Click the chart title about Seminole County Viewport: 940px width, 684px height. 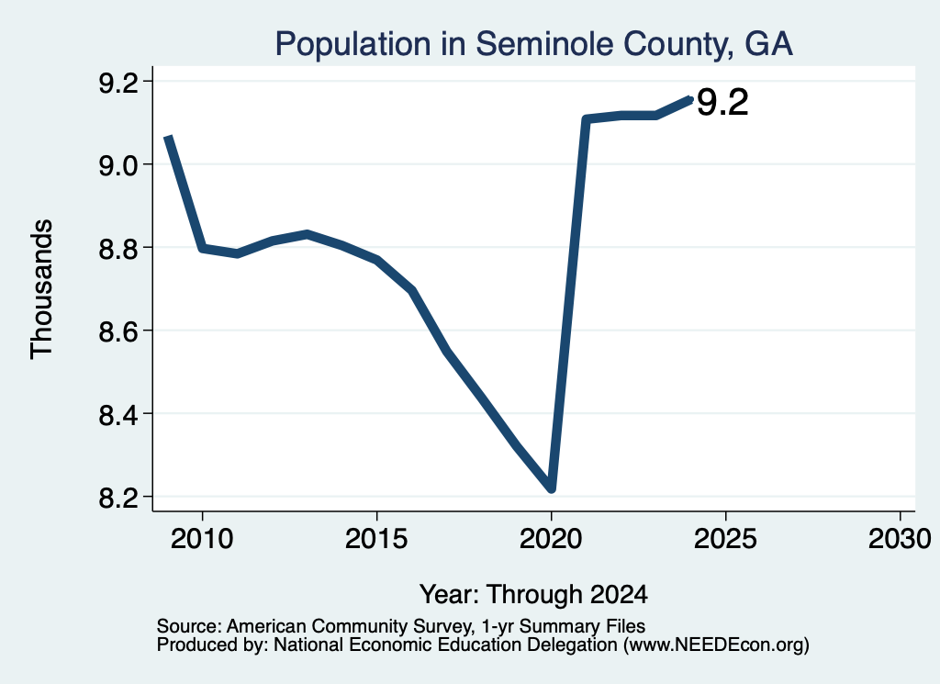click(x=533, y=44)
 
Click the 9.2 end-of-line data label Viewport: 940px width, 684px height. click(x=722, y=103)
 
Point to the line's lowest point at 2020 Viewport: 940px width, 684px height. click(x=552, y=488)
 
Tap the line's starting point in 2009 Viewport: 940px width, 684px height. click(x=169, y=139)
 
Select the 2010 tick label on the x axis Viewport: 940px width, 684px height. click(x=202, y=538)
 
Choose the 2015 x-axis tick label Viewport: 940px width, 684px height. click(x=376, y=538)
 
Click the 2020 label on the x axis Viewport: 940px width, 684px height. click(x=551, y=538)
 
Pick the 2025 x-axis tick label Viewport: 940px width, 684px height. click(x=725, y=538)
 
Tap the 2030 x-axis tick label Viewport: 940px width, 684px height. click(x=900, y=538)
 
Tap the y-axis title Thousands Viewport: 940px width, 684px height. click(x=41, y=289)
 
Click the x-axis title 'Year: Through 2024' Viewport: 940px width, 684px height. click(x=533, y=594)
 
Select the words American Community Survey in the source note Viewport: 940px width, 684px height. click(x=348, y=626)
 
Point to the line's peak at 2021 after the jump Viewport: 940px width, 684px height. click(x=587, y=120)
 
